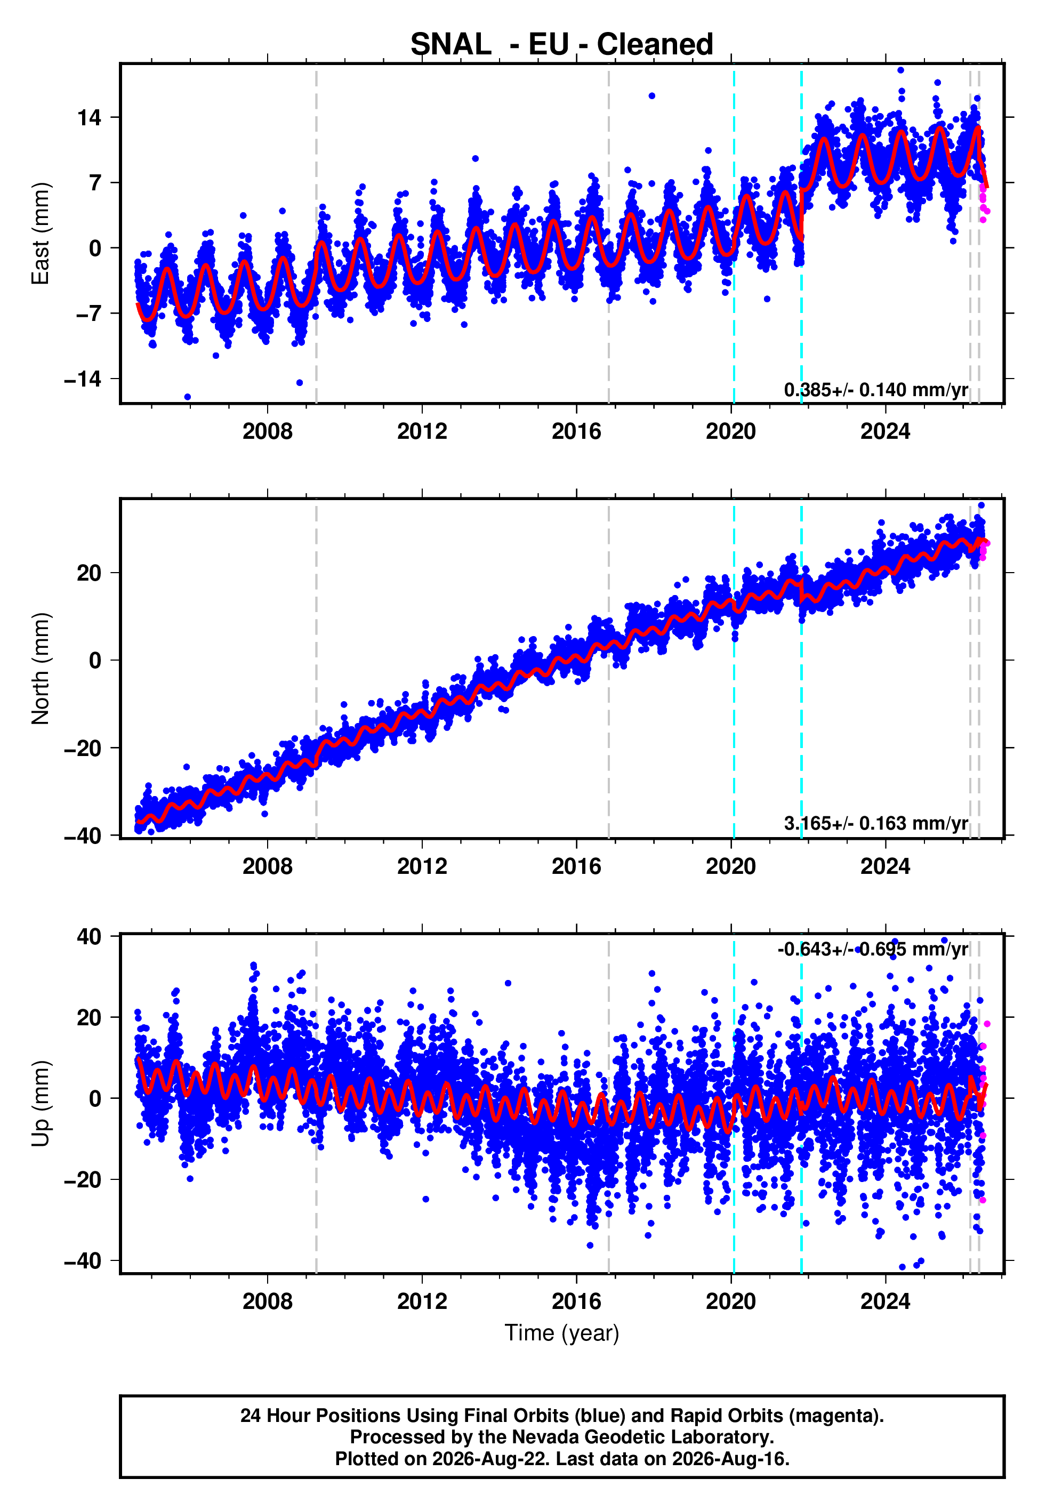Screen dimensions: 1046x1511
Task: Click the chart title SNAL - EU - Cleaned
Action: click(x=562, y=45)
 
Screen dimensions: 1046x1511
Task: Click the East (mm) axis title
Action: click(x=40, y=234)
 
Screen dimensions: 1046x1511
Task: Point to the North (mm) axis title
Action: click(x=40, y=669)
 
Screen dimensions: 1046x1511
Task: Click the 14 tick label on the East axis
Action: click(x=89, y=118)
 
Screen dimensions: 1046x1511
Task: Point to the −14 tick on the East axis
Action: click(x=83, y=379)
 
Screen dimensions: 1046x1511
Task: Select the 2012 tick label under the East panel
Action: click(x=422, y=431)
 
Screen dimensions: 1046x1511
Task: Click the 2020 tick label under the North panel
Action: click(x=731, y=866)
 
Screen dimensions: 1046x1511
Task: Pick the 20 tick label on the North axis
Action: click(x=89, y=573)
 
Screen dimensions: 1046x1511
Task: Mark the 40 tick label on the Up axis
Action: click(x=89, y=937)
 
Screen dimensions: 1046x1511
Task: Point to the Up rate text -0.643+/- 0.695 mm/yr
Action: click(x=872, y=949)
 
